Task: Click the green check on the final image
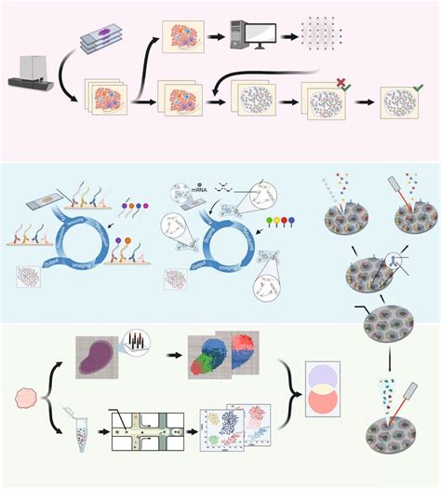[419, 87]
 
